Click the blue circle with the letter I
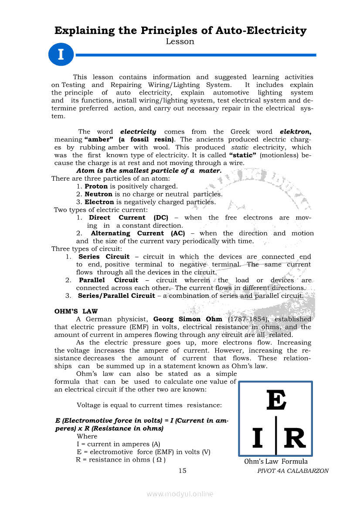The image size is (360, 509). [x=61, y=55]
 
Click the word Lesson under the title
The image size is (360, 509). [x=180, y=42]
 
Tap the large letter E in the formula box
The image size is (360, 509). [x=276, y=400]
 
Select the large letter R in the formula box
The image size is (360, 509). [x=295, y=438]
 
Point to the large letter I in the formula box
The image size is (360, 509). [x=258, y=438]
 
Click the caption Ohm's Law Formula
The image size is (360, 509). [x=276, y=462]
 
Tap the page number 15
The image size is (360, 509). [x=183, y=470]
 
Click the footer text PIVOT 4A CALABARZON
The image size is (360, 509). [x=293, y=471]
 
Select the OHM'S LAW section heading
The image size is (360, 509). [x=76, y=311]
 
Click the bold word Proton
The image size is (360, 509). [x=96, y=186]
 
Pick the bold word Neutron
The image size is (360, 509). [x=98, y=194]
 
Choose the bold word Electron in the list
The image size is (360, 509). [x=99, y=202]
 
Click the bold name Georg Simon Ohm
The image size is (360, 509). [x=188, y=319]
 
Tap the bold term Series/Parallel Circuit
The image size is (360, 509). [x=116, y=296]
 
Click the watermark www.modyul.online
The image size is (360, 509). [x=180, y=494]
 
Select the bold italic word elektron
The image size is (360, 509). [x=295, y=131]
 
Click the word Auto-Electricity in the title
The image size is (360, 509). [x=261, y=30]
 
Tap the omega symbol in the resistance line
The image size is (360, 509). [x=161, y=460]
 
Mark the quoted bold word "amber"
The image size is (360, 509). [x=98, y=139]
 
